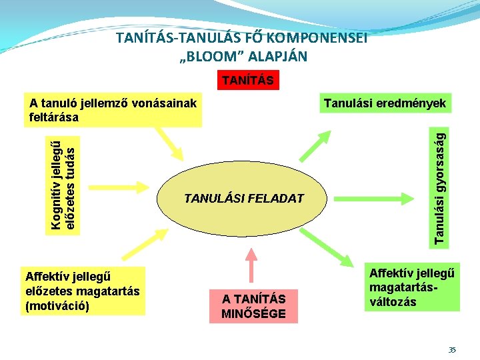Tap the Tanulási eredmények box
coord(385,103)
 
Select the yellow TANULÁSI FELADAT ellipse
coord(243,198)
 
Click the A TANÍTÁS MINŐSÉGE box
coord(253,307)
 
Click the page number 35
coord(452,349)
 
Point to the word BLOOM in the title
coord(210,56)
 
